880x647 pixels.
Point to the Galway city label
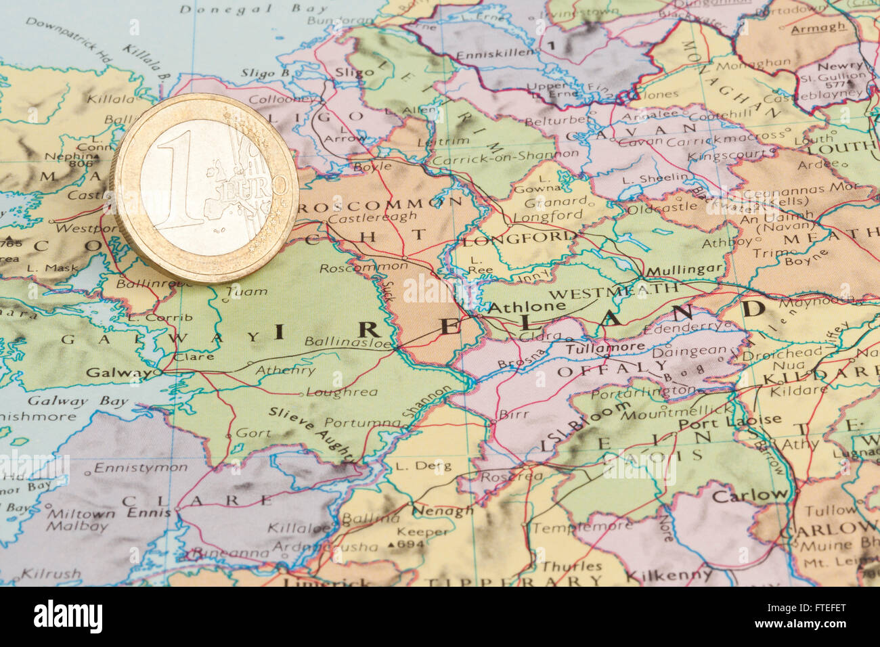(x=119, y=372)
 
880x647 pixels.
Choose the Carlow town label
(x=750, y=495)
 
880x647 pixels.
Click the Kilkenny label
(x=668, y=576)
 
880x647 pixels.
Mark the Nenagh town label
(x=442, y=510)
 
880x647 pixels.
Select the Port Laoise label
(x=729, y=421)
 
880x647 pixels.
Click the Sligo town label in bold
(x=354, y=71)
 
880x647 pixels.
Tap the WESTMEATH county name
(x=613, y=292)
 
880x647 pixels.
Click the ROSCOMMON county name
(x=379, y=202)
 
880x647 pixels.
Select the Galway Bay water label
(x=77, y=401)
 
